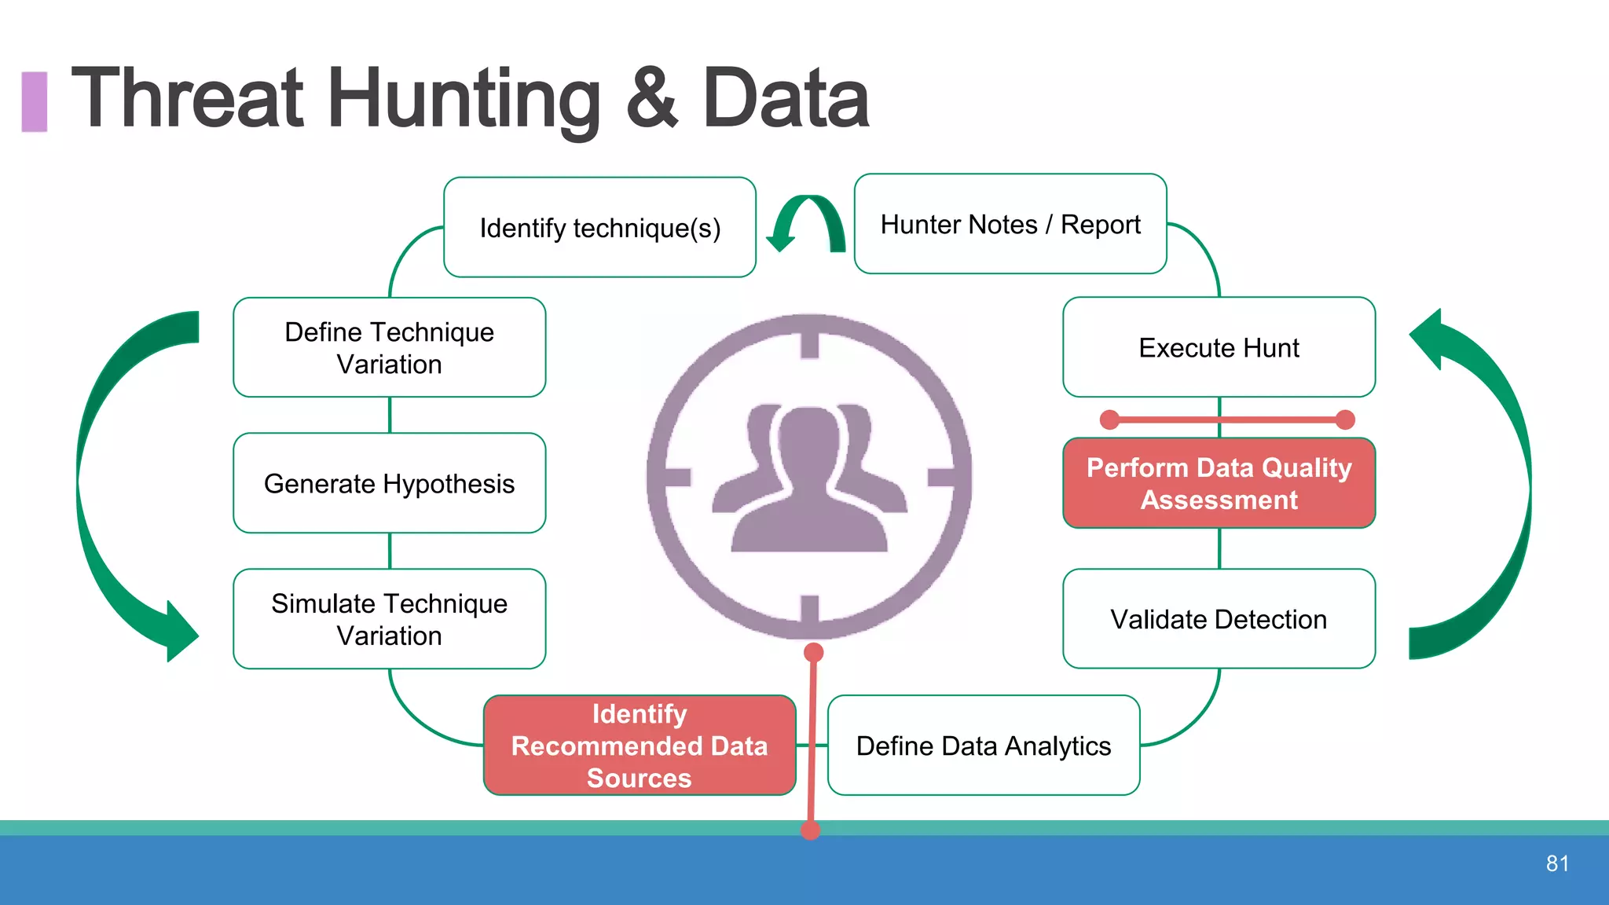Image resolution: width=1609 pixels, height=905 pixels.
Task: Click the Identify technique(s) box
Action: point(599,228)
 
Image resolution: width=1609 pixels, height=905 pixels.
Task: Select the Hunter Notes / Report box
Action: point(1010,225)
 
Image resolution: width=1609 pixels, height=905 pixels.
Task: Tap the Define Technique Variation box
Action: point(389,347)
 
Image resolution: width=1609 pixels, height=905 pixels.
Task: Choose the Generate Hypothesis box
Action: point(389,483)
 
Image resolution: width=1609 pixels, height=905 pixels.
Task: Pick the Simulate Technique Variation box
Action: point(389,619)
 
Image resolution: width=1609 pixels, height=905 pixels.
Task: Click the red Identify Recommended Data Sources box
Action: point(639,746)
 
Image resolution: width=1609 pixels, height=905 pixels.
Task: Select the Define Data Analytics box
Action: point(983,746)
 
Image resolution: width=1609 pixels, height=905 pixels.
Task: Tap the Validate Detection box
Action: point(1219,619)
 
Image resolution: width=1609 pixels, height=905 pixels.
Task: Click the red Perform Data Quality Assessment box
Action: point(1219,483)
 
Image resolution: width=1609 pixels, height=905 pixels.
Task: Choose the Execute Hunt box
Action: point(1219,347)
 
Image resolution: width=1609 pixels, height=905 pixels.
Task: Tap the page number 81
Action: point(1557,863)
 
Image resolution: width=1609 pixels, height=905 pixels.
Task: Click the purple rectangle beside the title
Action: point(34,101)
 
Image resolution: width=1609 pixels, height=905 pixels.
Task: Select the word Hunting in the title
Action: point(464,99)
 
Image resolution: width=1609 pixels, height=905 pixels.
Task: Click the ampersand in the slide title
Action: point(651,99)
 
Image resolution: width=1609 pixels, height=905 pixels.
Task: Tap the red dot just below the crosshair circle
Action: point(814,652)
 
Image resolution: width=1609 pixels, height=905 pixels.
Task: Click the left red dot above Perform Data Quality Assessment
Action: point(1109,420)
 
